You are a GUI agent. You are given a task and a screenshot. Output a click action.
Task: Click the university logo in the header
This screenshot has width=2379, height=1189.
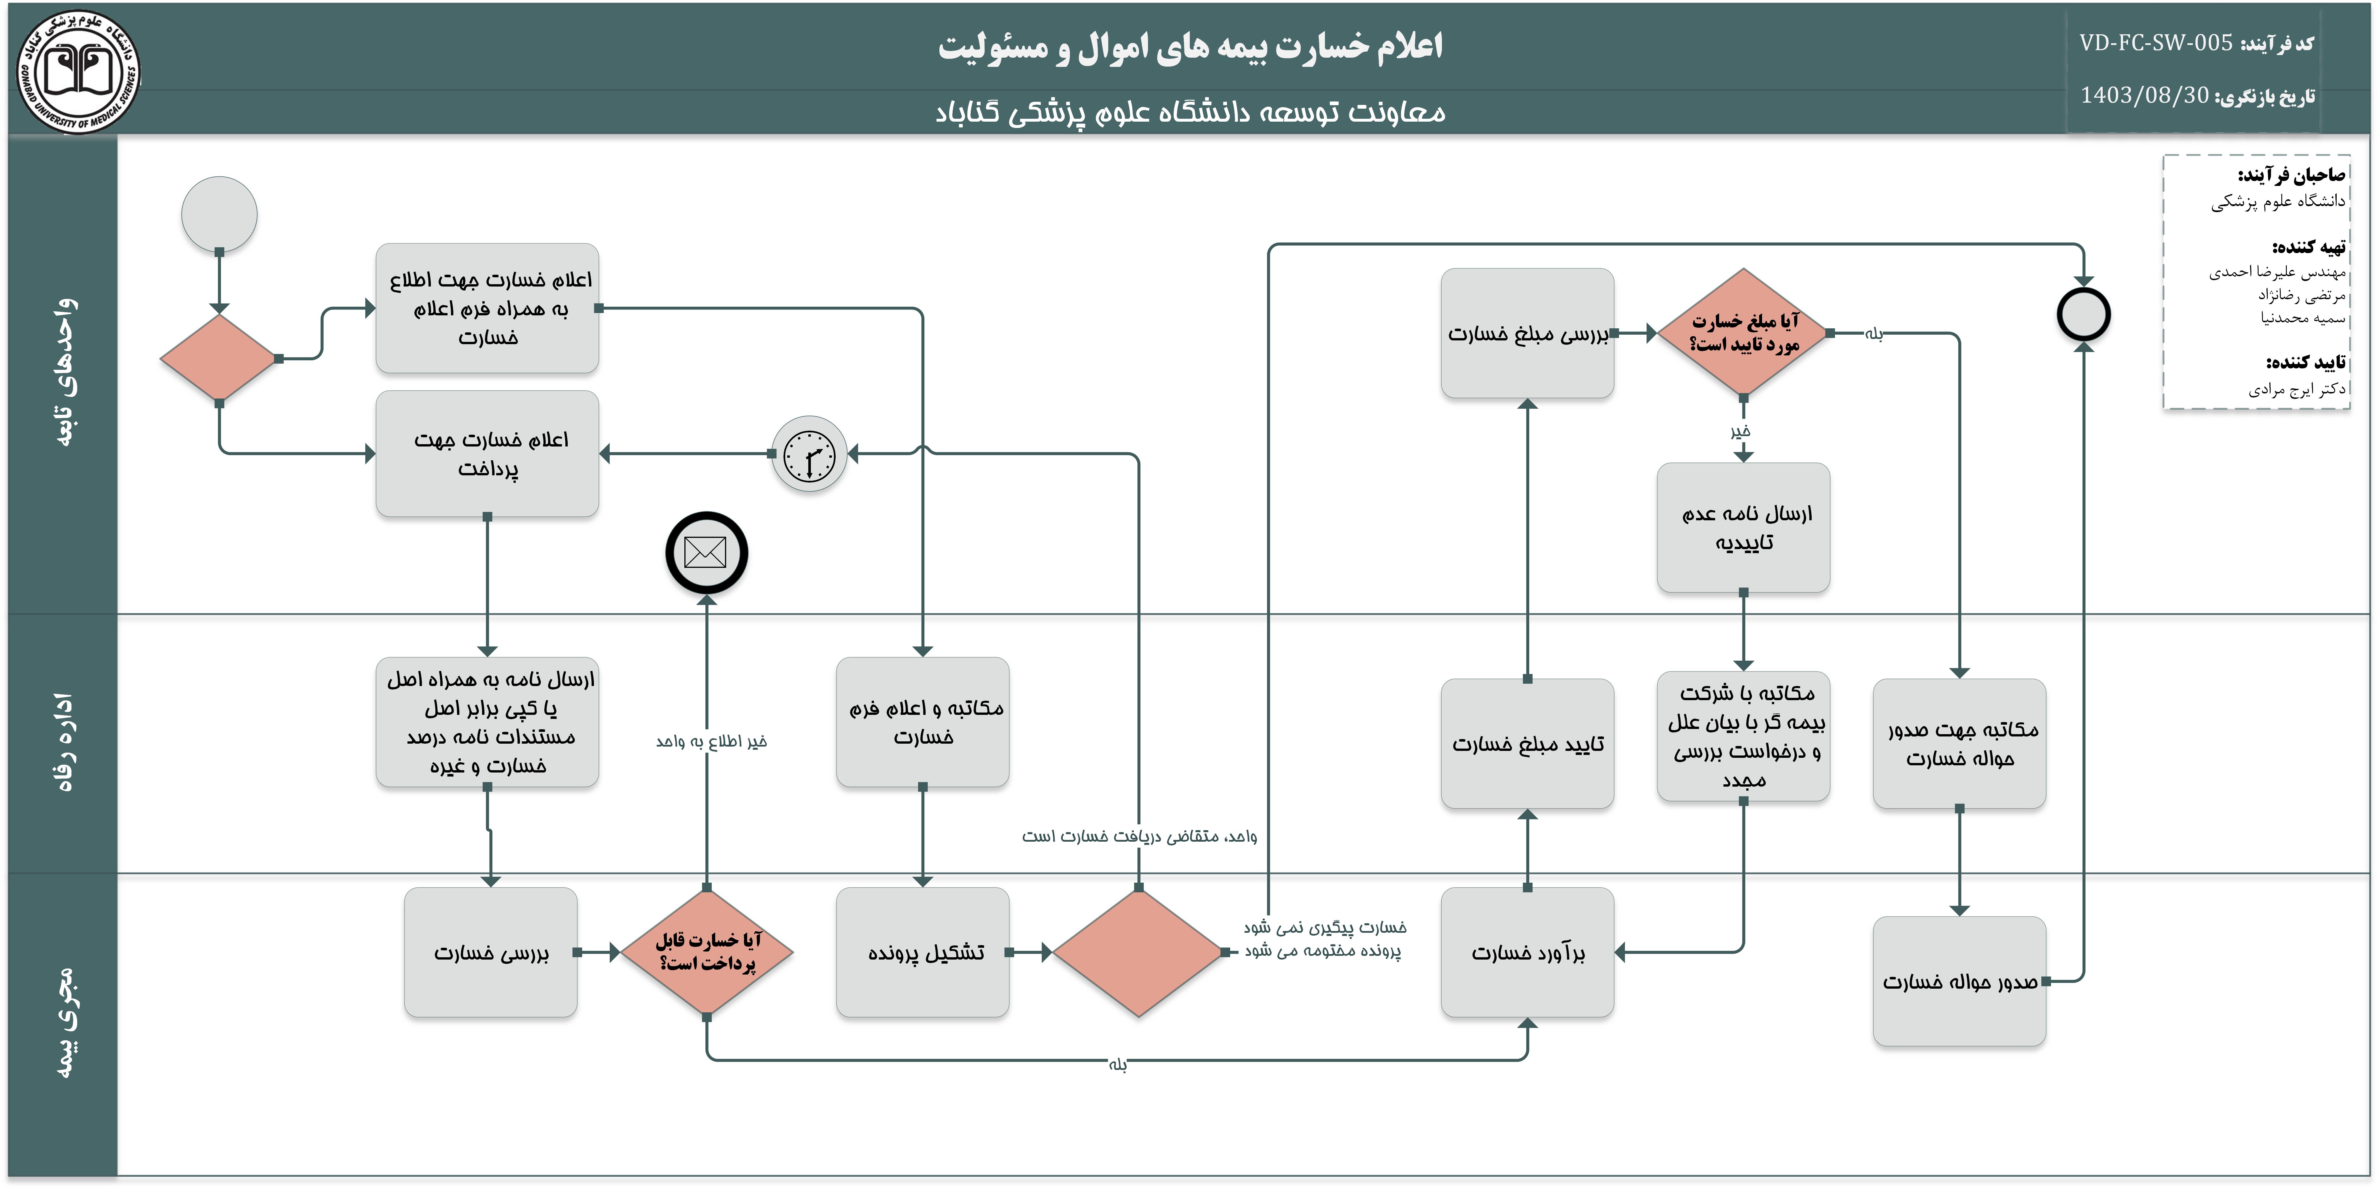point(78,71)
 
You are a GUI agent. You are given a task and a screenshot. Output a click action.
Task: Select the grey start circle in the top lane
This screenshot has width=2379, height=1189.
point(219,214)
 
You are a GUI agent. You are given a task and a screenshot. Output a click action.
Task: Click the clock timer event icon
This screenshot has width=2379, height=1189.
point(809,454)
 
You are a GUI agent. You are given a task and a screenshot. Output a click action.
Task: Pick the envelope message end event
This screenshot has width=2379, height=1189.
point(707,553)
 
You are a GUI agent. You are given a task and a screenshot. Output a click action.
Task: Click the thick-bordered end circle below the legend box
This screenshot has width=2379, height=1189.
point(2083,314)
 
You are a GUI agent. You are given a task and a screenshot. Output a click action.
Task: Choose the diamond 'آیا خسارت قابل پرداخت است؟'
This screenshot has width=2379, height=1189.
point(707,951)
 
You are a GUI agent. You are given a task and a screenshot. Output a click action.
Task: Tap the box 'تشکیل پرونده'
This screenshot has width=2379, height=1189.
point(923,951)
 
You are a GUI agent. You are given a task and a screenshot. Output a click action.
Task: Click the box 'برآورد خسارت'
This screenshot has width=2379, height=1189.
point(1528,951)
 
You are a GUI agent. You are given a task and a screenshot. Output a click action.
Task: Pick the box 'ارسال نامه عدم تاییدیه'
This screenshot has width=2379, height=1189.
point(1744,527)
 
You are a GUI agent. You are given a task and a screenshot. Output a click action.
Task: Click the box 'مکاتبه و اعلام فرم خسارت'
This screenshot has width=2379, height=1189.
point(923,721)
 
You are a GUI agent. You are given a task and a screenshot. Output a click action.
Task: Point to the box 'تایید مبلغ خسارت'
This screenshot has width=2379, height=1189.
point(1528,744)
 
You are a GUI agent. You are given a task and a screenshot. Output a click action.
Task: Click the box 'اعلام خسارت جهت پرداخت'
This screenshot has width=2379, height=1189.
point(488,454)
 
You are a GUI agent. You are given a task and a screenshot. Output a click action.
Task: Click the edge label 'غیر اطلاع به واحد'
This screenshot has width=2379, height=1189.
point(711,741)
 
